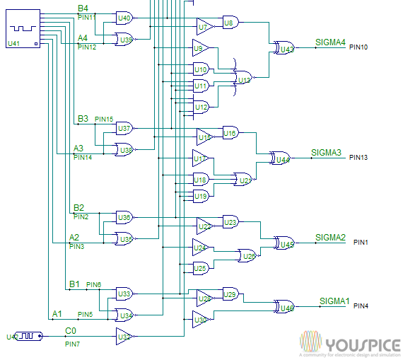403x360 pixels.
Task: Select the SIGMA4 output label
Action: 330,42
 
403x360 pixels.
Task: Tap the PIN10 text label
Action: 358,47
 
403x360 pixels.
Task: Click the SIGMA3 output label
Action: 326,153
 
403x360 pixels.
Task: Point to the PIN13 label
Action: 358,158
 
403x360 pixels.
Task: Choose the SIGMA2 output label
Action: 330,237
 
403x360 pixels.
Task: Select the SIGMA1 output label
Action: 334,301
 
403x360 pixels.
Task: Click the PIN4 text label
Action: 361,306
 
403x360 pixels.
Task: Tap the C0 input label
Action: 71,331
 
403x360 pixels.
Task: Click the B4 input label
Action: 83,8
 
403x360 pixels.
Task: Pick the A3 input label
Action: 78,149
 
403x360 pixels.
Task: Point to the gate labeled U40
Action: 124,18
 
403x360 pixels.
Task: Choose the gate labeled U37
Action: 124,128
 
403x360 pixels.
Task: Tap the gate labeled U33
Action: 124,293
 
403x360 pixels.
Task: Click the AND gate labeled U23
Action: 230,221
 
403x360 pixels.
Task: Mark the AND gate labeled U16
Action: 230,132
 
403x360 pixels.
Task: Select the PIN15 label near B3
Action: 104,120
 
